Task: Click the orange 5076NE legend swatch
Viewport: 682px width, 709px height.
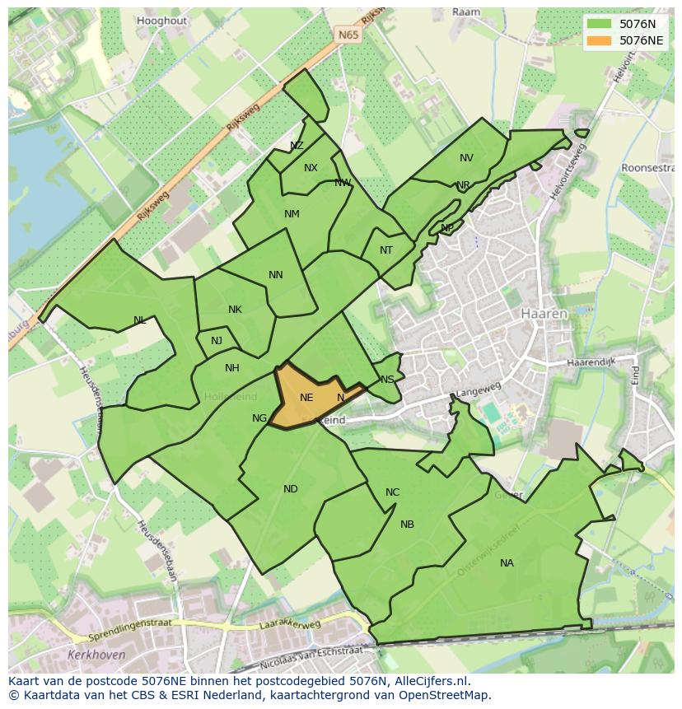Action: coord(600,40)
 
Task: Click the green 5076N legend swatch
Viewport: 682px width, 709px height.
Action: coord(600,24)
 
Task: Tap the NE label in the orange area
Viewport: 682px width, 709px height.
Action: coord(306,398)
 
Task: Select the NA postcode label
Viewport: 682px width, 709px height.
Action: coord(507,563)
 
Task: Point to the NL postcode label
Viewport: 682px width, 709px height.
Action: coord(140,320)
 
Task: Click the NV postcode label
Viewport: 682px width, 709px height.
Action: coord(466,158)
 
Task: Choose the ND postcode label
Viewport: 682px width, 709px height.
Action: coord(291,489)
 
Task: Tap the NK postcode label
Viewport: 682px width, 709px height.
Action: coord(235,310)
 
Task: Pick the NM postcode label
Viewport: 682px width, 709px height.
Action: coord(292,214)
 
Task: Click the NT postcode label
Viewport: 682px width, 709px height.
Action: coord(386,250)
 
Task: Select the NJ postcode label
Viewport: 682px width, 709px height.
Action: coord(217,341)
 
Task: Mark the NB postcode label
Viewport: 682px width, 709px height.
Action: coord(407,525)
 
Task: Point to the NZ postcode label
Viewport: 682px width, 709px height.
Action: coord(297,146)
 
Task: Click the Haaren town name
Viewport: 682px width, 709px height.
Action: coord(544,314)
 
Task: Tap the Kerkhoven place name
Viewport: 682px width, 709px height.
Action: coord(98,655)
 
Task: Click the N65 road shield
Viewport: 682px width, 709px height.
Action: coord(348,35)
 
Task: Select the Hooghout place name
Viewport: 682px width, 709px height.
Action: coord(161,21)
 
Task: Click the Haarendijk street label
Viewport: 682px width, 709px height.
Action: coord(593,362)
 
